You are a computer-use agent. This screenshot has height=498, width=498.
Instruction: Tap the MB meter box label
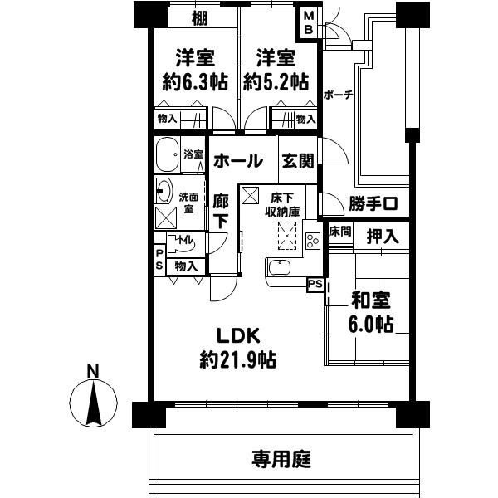(308, 22)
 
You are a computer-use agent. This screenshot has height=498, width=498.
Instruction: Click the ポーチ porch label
(338, 95)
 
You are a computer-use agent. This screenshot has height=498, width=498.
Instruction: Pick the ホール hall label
(238, 161)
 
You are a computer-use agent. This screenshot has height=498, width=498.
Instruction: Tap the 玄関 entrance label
(297, 161)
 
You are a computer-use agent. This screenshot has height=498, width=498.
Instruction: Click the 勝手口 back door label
(373, 203)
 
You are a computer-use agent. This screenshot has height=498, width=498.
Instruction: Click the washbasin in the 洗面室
(164, 192)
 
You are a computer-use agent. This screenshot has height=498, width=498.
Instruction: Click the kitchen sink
(279, 269)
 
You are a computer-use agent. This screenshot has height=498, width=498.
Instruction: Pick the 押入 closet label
(383, 235)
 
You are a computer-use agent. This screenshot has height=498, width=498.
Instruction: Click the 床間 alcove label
(340, 230)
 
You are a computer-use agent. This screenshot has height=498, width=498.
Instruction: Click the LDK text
(239, 336)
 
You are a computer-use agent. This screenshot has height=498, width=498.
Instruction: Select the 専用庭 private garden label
(281, 458)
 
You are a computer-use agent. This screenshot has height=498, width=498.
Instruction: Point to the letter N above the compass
(94, 370)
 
